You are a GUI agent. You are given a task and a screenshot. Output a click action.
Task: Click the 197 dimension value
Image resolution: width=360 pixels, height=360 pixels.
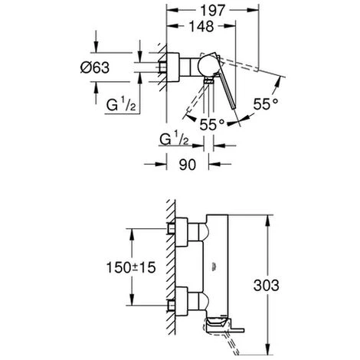[x=212, y=11]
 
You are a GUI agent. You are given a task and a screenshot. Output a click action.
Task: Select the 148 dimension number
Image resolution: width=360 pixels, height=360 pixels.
[x=201, y=26]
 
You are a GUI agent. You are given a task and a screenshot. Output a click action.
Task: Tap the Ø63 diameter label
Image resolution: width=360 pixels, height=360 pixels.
[x=95, y=67]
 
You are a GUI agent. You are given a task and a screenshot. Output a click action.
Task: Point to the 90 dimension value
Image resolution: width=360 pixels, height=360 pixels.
[x=188, y=165]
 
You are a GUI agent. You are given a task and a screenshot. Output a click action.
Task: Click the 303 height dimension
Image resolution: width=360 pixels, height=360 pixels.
[x=266, y=285]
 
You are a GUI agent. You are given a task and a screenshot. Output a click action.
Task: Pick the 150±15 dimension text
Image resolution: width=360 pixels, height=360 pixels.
[x=131, y=267]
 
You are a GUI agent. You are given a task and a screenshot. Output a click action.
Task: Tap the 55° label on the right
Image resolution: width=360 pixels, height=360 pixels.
[x=265, y=104]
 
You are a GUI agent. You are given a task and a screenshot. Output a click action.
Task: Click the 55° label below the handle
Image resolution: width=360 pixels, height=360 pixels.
[x=211, y=124]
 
